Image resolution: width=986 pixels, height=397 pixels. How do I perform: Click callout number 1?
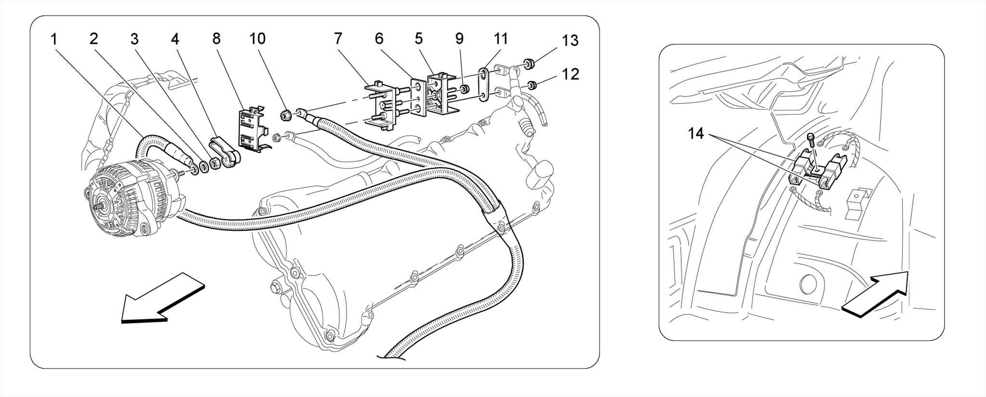(x=54, y=39)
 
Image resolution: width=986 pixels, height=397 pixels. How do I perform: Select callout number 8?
(x=216, y=39)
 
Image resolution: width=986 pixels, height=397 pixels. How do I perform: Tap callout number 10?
(x=258, y=39)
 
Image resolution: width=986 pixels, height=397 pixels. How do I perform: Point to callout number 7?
(x=338, y=39)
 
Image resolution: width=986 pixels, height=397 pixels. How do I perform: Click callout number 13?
(x=570, y=41)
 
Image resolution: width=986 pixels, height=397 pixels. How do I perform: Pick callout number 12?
(x=570, y=74)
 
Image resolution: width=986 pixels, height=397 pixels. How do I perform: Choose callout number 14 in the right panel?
(x=696, y=133)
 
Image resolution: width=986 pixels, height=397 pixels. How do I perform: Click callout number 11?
(x=501, y=39)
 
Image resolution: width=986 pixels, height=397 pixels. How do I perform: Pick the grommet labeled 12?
(x=532, y=86)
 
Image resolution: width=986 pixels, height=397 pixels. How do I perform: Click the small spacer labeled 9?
(x=465, y=90)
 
